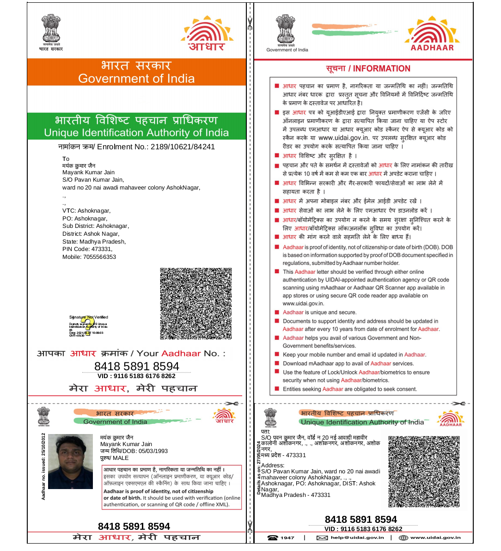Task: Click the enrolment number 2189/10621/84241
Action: point(182,147)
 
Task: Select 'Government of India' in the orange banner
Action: point(136,79)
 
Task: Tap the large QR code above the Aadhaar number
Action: point(196,304)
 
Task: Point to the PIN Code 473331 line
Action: point(87,249)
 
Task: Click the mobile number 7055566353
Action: point(99,257)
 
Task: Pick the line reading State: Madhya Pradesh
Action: point(94,242)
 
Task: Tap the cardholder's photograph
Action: point(70,461)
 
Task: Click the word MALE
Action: point(121,458)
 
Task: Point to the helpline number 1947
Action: point(287,538)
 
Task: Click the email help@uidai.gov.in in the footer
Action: point(357,538)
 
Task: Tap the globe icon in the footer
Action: point(403,538)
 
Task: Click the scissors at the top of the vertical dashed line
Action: point(250,23)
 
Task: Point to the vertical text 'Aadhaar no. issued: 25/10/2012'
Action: point(43,466)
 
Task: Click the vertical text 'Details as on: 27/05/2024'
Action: point(259,468)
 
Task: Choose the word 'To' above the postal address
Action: point(66,159)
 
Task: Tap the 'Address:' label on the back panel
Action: point(273,465)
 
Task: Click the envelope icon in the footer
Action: point(322,538)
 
